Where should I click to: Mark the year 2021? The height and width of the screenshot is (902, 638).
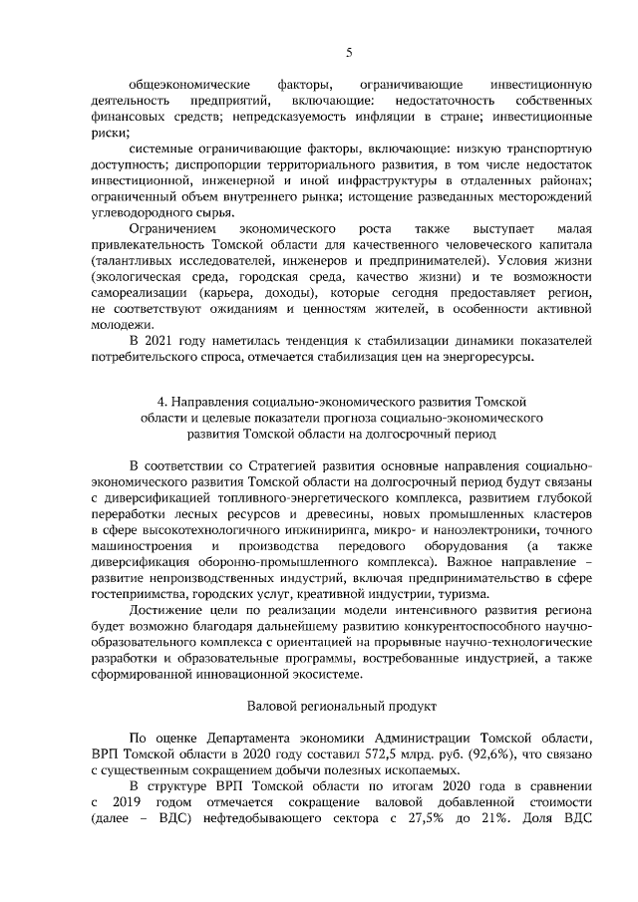(x=165, y=341)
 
